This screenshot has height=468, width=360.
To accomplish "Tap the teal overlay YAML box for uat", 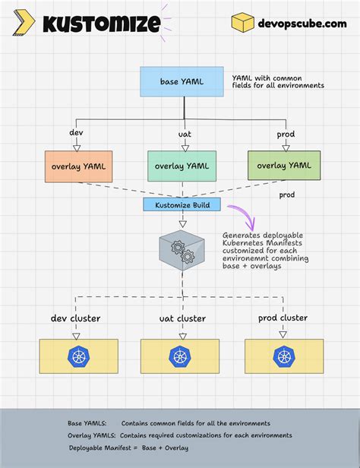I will [181, 166].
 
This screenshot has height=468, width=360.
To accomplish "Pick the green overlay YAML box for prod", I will [283, 166].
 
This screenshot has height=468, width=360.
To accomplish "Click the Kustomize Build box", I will [182, 204].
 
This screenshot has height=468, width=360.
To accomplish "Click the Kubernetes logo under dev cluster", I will [79, 356].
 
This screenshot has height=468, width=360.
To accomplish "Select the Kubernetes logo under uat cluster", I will [181, 356].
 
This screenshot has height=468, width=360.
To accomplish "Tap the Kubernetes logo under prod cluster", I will [283, 356].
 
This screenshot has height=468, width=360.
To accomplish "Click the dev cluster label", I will [76, 318].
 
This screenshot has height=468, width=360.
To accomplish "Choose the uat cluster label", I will [182, 318].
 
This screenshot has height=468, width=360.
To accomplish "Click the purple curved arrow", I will [245, 217].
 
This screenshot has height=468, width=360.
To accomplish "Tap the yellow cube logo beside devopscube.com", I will [242, 23].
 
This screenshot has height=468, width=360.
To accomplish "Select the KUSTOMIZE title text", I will [100, 24].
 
